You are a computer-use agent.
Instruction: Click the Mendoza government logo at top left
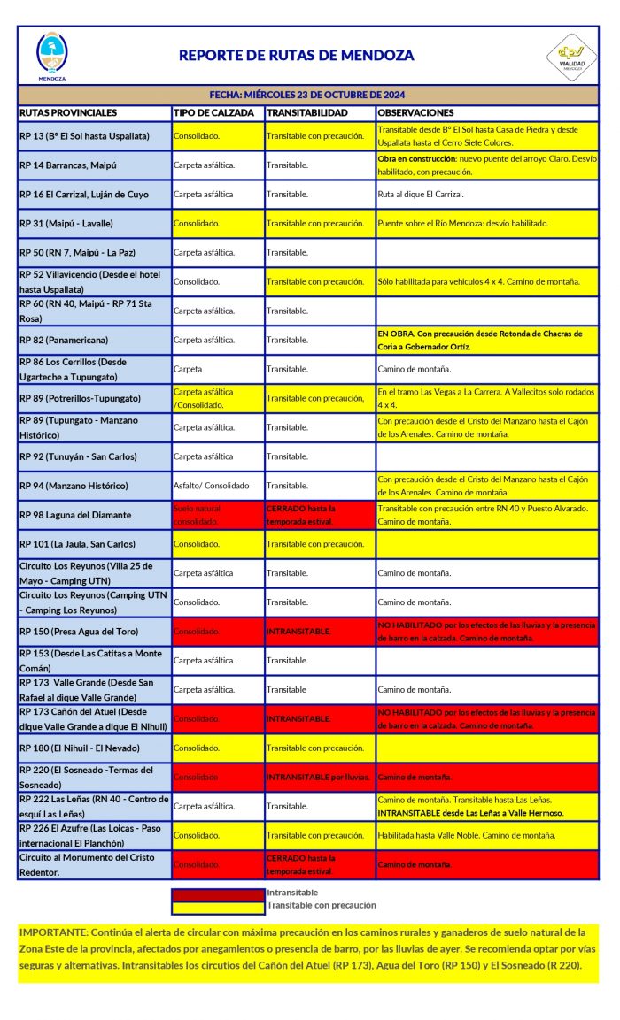coord(51,55)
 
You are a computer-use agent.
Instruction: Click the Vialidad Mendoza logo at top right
coord(570,57)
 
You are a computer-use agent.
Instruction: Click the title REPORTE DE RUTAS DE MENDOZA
coord(296,55)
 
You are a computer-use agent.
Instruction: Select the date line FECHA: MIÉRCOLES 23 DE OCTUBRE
coord(307,95)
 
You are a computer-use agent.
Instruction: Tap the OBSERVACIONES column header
coord(415,113)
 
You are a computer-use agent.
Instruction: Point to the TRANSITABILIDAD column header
coord(306,113)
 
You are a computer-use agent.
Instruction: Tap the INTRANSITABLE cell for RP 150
coord(298,632)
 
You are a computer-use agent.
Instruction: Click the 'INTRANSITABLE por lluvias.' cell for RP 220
coord(317,778)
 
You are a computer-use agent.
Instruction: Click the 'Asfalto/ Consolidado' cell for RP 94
coord(211,486)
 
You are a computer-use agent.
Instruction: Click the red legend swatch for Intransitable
coord(218,893)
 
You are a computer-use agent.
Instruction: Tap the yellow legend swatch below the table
coord(218,906)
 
